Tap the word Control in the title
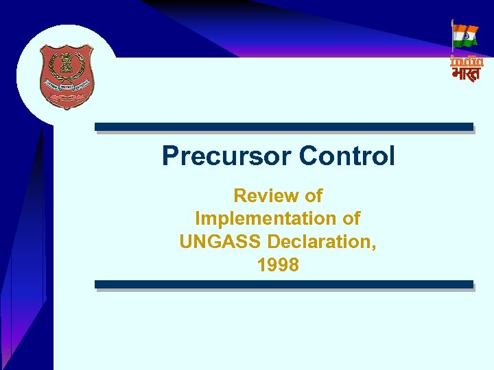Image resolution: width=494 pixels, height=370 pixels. coord(346,156)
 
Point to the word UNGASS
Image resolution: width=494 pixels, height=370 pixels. coord(220,242)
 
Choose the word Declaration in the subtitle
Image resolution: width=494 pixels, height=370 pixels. coord(321,242)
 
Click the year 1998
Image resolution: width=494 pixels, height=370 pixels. coord(278,264)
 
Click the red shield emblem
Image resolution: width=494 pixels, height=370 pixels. coord(67,75)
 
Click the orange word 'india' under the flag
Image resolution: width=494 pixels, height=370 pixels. coord(467,61)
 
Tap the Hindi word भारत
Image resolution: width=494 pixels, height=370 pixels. coord(467,73)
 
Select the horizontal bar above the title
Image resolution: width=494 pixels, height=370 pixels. coord(283,127)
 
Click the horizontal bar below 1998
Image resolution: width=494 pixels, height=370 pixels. coord(283,284)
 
